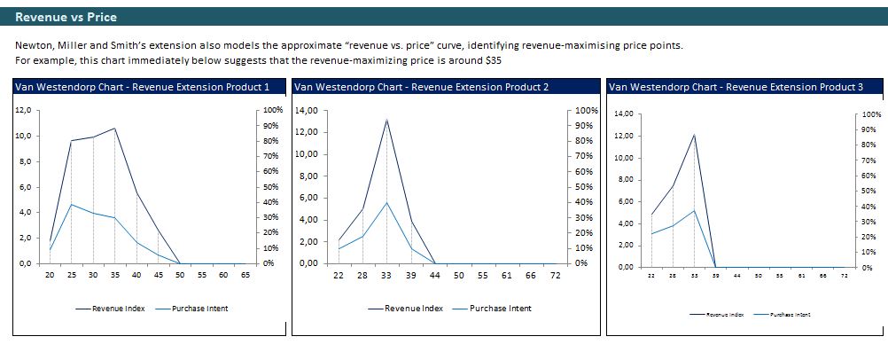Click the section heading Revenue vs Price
[x=66, y=17]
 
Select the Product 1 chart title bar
[x=143, y=87]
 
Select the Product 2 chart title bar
[x=421, y=87]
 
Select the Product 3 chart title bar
[x=736, y=87]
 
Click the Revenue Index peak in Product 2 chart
[x=386, y=119]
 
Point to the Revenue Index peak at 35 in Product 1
[x=114, y=129]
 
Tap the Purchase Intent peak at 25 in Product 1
[x=71, y=205]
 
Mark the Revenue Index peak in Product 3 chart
[x=694, y=135]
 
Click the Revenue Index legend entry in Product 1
[x=116, y=309]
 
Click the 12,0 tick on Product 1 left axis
[x=24, y=110]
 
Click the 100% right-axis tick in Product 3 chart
[x=872, y=115]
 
